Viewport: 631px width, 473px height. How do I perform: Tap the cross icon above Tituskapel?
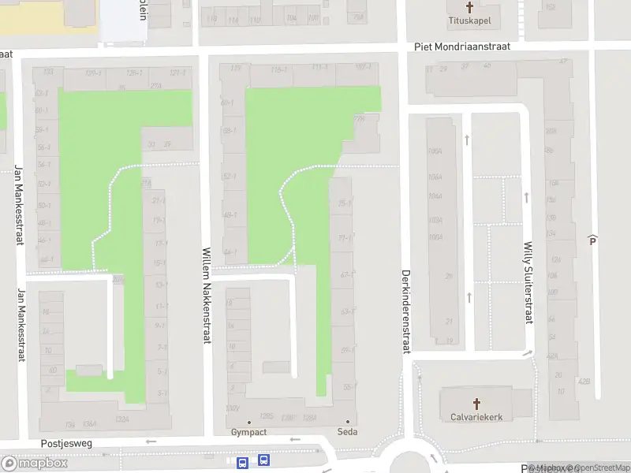pos(470,8)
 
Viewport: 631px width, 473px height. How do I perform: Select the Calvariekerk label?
pos(476,416)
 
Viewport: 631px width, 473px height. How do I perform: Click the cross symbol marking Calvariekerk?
pos(476,402)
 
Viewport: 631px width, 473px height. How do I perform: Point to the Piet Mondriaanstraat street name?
pos(462,47)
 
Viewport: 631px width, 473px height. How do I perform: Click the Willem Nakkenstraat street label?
pos(207,295)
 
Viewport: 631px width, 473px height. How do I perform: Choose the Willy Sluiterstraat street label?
pos(528,281)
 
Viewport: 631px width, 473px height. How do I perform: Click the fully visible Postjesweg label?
pos(66,444)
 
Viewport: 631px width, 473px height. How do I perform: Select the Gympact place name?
pos(249,432)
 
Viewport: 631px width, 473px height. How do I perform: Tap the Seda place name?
pos(347,432)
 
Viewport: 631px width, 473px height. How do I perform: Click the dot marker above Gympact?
pos(249,422)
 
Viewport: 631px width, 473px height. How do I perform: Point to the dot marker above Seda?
pos(347,422)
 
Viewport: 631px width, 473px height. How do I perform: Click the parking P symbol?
pos(592,240)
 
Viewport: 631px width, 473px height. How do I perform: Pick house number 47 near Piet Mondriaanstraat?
pos(563,61)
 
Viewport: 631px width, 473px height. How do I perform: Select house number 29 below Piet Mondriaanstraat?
pos(442,69)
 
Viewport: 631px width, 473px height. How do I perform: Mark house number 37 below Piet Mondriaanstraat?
pos(465,66)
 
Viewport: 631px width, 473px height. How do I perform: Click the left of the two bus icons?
pos(243,461)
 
